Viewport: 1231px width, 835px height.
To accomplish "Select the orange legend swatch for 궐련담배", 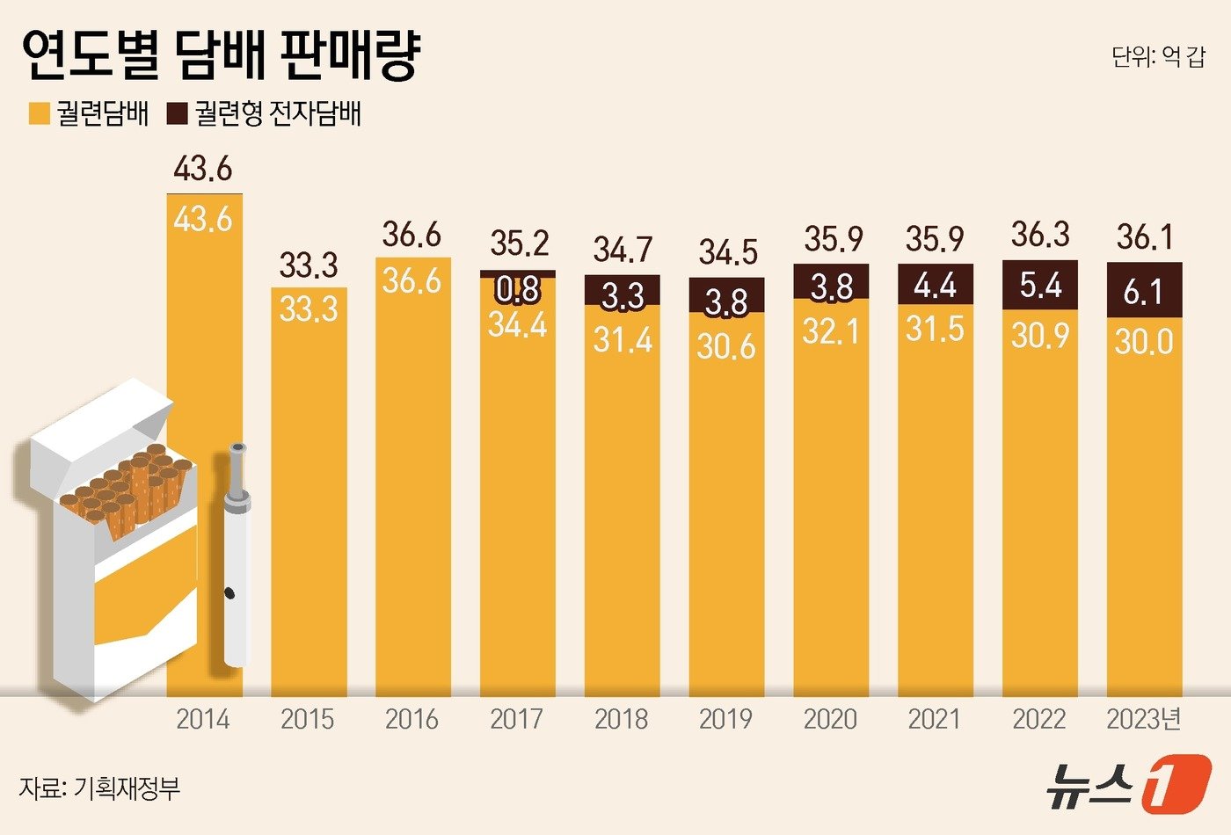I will (x=39, y=114).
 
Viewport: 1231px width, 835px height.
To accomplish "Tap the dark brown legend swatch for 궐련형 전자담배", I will (x=177, y=114).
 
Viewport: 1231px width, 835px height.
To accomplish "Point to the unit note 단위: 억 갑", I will (x=1157, y=58).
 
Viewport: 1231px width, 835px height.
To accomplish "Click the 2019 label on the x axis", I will (x=725, y=719).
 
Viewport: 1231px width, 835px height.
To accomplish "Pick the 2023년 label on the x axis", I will (x=1144, y=719).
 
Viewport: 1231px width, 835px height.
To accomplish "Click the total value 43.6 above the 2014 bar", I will (x=203, y=168).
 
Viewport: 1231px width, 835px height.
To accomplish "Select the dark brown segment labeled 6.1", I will (x=1143, y=291).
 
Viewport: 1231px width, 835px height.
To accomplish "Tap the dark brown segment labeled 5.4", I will (x=1040, y=286).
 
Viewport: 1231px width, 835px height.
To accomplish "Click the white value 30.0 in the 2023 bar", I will (x=1143, y=341).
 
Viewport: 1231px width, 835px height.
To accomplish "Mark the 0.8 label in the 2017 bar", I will (x=517, y=289).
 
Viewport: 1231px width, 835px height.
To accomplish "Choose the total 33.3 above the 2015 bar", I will (x=308, y=264).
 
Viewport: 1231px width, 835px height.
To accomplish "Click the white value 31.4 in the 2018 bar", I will (x=622, y=339).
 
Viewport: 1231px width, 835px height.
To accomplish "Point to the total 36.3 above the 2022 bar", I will (x=1040, y=235).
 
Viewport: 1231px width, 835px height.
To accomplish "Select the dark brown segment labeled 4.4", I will (x=936, y=285).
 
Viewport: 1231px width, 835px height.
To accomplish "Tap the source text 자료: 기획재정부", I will (x=99, y=788).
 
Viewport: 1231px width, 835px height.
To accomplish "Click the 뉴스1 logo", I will (x=1127, y=782).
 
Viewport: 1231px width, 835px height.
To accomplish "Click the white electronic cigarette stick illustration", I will (x=235, y=554).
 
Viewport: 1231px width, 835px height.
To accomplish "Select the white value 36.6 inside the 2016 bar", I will (x=412, y=280).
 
